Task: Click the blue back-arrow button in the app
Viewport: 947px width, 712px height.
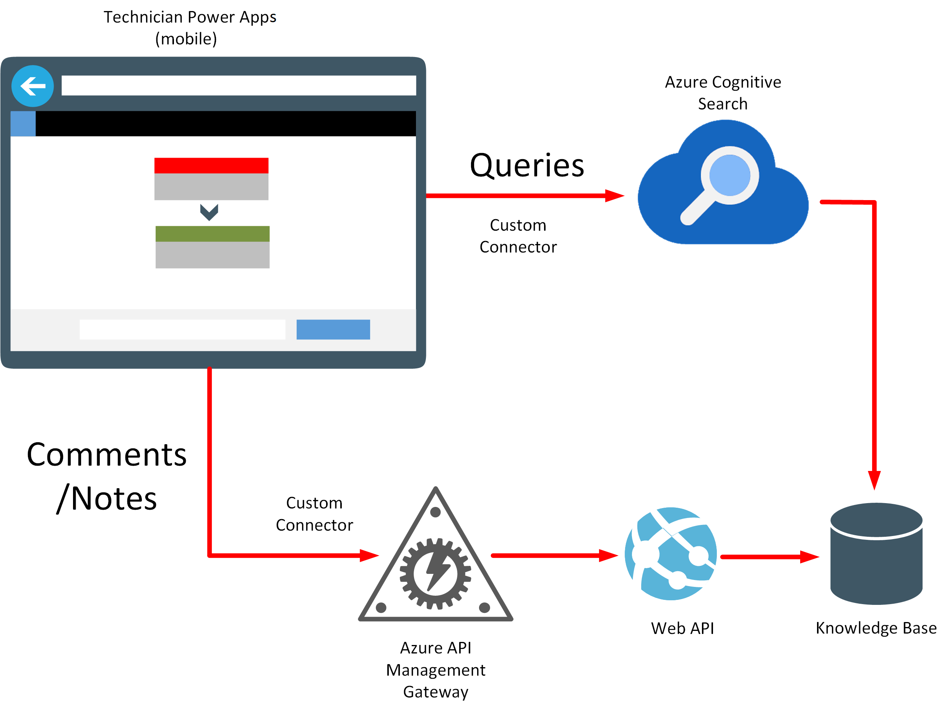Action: pyautogui.click(x=32, y=86)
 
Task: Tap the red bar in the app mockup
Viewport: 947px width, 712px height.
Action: pyautogui.click(x=211, y=165)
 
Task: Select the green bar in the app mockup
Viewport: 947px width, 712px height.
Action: pyautogui.click(x=212, y=233)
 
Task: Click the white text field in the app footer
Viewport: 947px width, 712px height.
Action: pyautogui.click(x=182, y=329)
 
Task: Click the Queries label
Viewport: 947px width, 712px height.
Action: pyautogui.click(x=526, y=165)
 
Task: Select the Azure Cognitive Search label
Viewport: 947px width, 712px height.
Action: pyautogui.click(x=723, y=93)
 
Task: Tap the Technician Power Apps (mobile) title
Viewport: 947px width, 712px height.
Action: pyautogui.click(x=190, y=28)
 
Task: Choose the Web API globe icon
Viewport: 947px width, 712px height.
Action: pyautogui.click(x=671, y=554)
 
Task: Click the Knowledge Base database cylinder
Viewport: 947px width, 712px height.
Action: pyautogui.click(x=876, y=554)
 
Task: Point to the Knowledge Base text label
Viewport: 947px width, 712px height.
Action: pyautogui.click(x=876, y=628)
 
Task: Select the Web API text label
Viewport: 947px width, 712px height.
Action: pyautogui.click(x=682, y=629)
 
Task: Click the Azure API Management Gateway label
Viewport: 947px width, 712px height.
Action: pyautogui.click(x=435, y=670)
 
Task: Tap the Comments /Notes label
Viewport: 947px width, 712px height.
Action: pyautogui.click(x=107, y=476)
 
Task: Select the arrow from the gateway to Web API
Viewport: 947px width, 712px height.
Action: pyautogui.click(x=554, y=556)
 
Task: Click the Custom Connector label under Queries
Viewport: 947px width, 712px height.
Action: pyautogui.click(x=518, y=236)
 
